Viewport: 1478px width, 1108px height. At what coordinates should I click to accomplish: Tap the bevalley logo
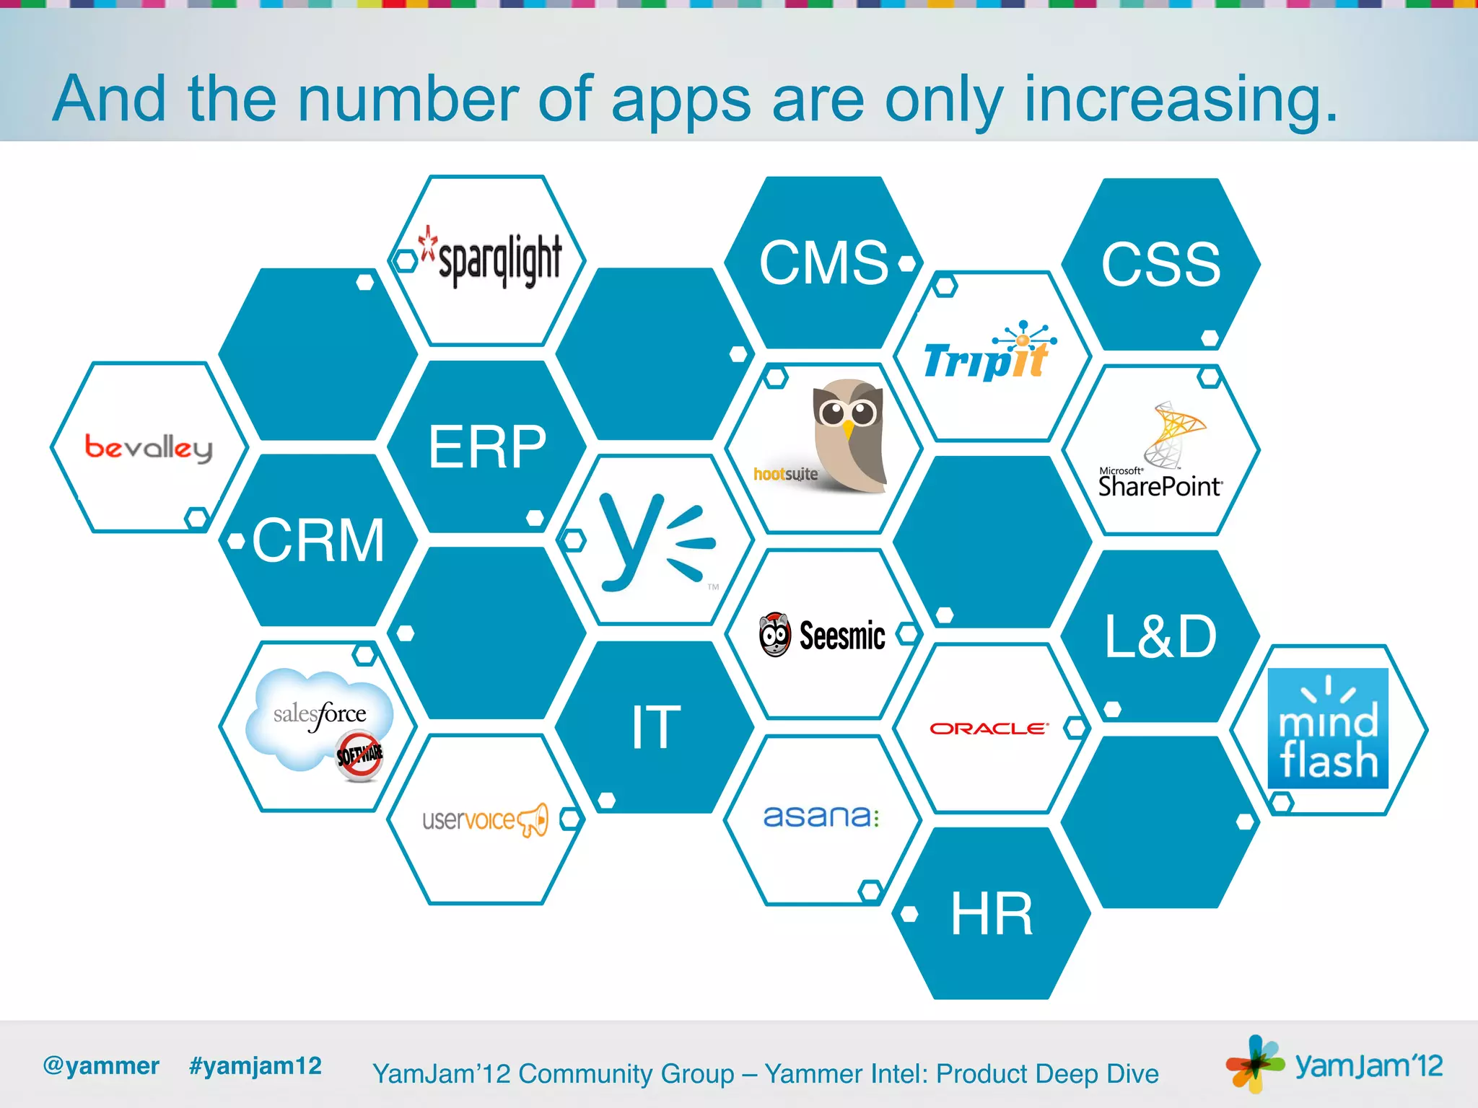coord(149,447)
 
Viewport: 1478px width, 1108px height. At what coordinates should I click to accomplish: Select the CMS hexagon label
coord(823,263)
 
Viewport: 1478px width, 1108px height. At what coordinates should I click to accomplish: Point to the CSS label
coord(1160,265)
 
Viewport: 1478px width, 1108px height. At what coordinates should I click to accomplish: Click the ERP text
coord(487,447)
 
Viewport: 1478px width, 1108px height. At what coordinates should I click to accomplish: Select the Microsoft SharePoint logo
coord(1160,452)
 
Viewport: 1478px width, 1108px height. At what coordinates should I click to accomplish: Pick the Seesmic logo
coord(823,635)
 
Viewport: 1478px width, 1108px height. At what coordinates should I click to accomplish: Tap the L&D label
coord(1160,636)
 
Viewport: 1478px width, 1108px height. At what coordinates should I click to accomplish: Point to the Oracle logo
coord(988,729)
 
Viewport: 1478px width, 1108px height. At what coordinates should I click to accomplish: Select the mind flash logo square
coord(1328,729)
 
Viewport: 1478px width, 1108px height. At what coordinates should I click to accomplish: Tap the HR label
coord(992,914)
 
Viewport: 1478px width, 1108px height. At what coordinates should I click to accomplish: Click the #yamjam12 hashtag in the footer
coord(255,1065)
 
